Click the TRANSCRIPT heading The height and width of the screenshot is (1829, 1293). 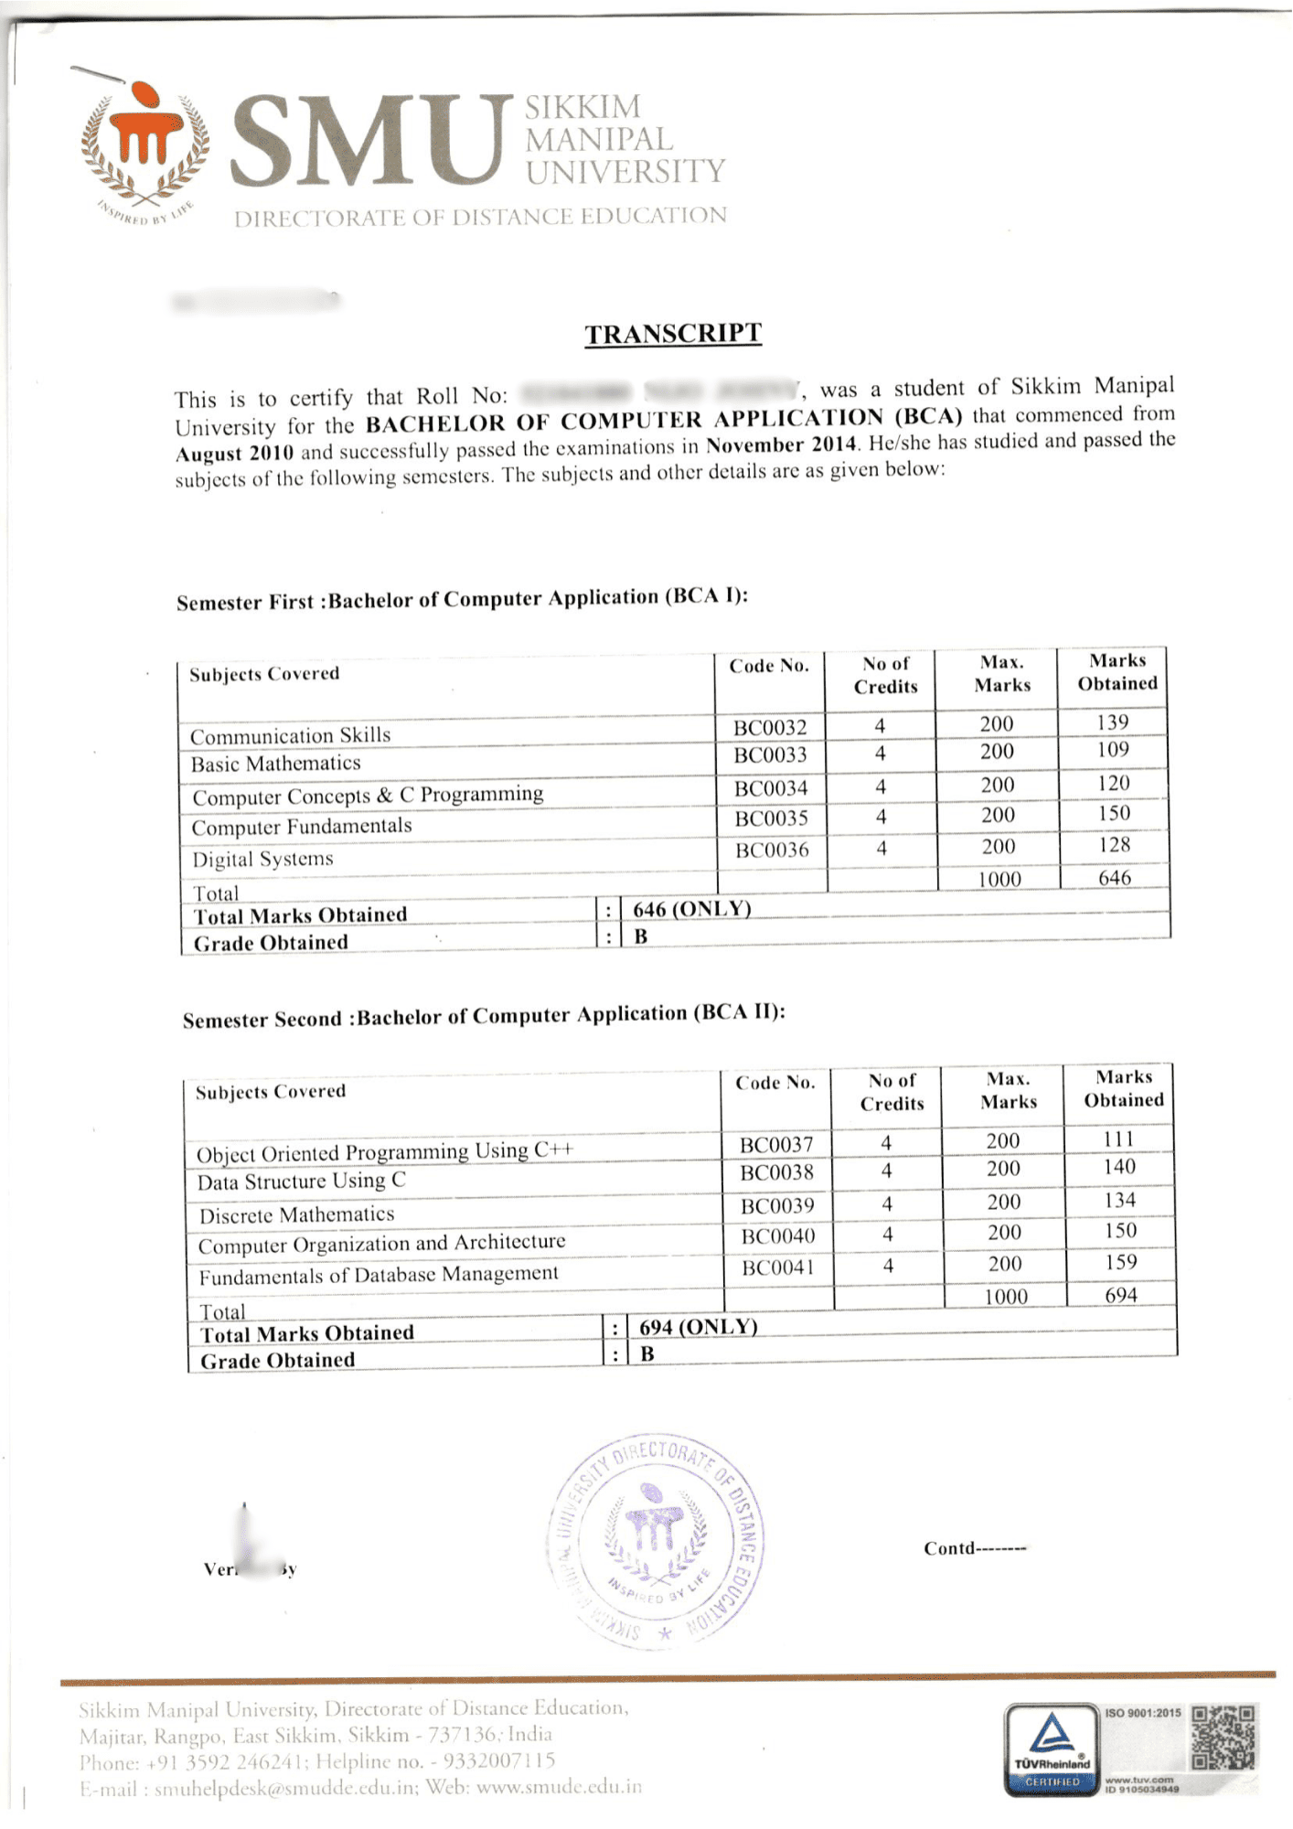(673, 334)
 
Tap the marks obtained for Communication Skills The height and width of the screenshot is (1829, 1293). (1113, 722)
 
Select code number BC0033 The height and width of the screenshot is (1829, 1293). (770, 755)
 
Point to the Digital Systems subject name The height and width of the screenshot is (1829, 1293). (262, 860)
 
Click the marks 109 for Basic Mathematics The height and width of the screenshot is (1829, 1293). (1113, 750)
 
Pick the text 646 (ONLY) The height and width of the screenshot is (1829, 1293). (691, 909)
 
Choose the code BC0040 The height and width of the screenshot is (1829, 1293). (777, 1236)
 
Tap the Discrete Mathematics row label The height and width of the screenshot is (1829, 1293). (297, 1215)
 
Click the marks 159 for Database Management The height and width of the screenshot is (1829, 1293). (1120, 1263)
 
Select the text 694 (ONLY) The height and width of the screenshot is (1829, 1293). (698, 1327)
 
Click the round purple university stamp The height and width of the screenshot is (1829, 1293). (656, 1541)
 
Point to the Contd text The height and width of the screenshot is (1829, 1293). (974, 1548)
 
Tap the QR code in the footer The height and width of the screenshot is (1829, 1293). (1224, 1736)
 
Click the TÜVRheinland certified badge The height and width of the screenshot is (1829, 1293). (1052, 1749)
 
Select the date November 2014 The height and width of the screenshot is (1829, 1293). (782, 445)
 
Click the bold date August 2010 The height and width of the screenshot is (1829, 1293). (235, 454)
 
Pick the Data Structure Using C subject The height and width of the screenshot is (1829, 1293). (301, 1182)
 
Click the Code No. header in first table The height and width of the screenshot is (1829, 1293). (769, 666)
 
